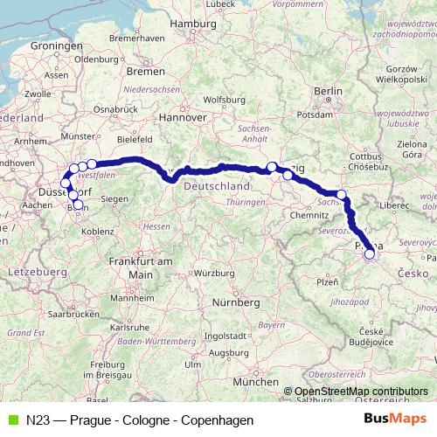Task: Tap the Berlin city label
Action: point(329,91)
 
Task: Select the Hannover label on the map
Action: point(184,116)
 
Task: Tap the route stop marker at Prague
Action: point(369,254)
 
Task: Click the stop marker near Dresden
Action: point(342,195)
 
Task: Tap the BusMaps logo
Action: point(400,420)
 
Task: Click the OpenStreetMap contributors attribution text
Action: point(361,392)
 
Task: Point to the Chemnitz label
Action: point(308,214)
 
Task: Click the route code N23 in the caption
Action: point(38,420)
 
